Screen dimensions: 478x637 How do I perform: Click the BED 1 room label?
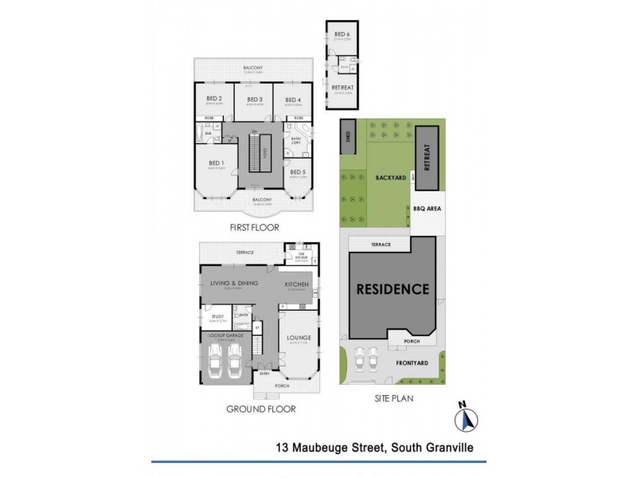(217, 163)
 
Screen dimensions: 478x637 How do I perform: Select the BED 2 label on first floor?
(214, 99)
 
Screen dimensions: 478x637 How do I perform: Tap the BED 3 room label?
(255, 99)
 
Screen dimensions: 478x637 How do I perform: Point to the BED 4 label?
(293, 100)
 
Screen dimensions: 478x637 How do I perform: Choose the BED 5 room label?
(296, 172)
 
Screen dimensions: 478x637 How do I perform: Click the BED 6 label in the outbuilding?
(342, 34)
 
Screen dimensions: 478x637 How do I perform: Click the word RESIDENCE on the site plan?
(392, 289)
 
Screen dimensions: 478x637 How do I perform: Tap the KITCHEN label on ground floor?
(299, 284)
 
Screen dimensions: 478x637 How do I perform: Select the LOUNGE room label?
(299, 337)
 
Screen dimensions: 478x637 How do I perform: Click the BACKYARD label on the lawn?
(392, 179)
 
